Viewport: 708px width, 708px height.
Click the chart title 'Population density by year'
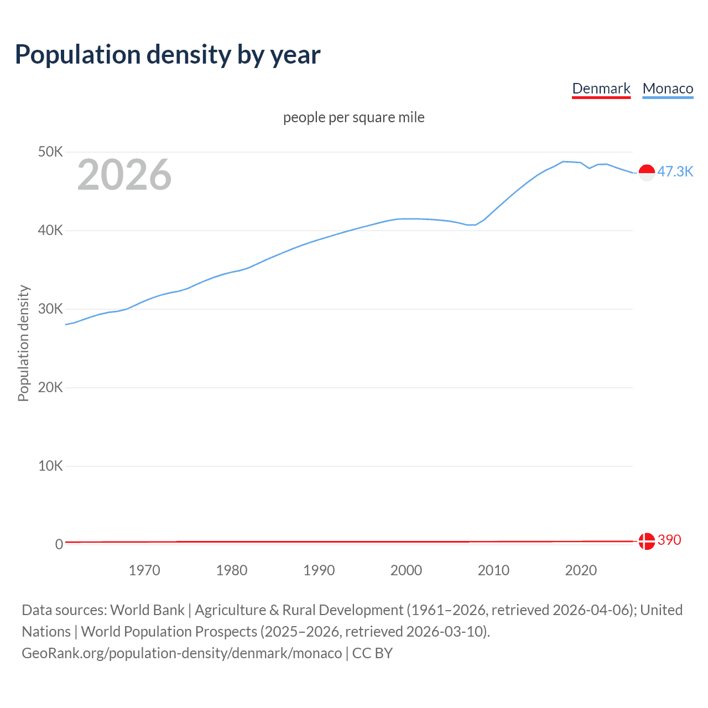coord(168,55)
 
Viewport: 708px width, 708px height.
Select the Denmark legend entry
coord(601,88)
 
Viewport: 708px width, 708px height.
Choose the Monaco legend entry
coord(668,88)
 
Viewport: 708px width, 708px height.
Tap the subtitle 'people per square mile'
coord(353,117)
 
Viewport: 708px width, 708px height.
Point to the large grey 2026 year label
coord(124,175)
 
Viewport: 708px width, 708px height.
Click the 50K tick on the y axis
coord(50,152)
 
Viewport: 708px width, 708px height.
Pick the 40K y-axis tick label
coord(50,230)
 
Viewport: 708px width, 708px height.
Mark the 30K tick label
coord(50,309)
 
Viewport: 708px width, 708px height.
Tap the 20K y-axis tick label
coord(50,387)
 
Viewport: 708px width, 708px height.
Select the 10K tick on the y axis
coord(50,466)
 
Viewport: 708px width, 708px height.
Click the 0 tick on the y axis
coord(59,544)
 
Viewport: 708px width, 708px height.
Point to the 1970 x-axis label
coord(144,570)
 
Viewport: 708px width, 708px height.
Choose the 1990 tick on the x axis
coord(319,570)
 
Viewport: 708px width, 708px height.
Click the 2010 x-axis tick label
coord(493,570)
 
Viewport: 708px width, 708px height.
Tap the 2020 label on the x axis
coord(581,570)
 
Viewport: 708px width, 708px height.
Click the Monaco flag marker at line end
coord(647,173)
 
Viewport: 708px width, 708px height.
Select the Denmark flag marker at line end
coord(647,541)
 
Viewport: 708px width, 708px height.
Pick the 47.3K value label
coord(675,171)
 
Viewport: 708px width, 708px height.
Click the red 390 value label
coord(669,540)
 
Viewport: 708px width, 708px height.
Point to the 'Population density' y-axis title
coord(23,343)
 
